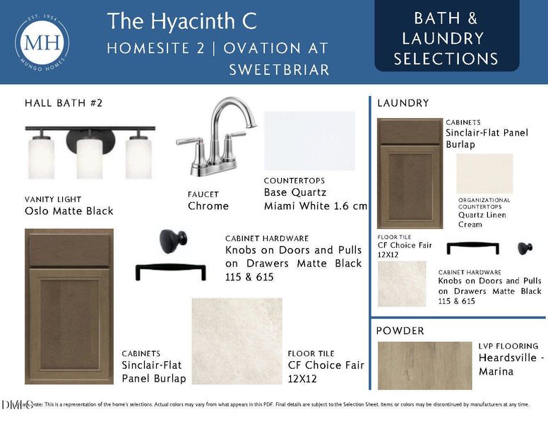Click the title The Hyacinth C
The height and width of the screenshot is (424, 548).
click(x=182, y=21)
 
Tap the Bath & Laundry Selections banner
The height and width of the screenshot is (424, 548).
click(x=446, y=38)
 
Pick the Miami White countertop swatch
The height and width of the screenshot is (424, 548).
click(x=309, y=141)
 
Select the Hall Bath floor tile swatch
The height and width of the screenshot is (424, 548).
click(x=237, y=341)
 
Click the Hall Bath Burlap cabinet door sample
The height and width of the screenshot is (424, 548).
click(x=68, y=306)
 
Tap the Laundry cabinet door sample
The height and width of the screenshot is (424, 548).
click(x=410, y=173)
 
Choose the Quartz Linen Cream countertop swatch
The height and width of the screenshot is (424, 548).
click(x=484, y=174)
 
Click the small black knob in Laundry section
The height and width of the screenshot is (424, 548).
click(x=525, y=247)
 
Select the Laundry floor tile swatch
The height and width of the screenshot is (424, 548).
click(x=402, y=283)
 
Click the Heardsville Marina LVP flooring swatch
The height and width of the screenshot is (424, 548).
click(x=424, y=365)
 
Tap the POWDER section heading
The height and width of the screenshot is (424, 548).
click(x=400, y=331)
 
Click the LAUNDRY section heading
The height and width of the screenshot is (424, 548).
click(x=403, y=103)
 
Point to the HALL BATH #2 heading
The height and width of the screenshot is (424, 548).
click(x=64, y=103)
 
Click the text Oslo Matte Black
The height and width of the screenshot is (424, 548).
click(x=68, y=211)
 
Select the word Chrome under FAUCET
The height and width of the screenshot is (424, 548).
click(x=208, y=206)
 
